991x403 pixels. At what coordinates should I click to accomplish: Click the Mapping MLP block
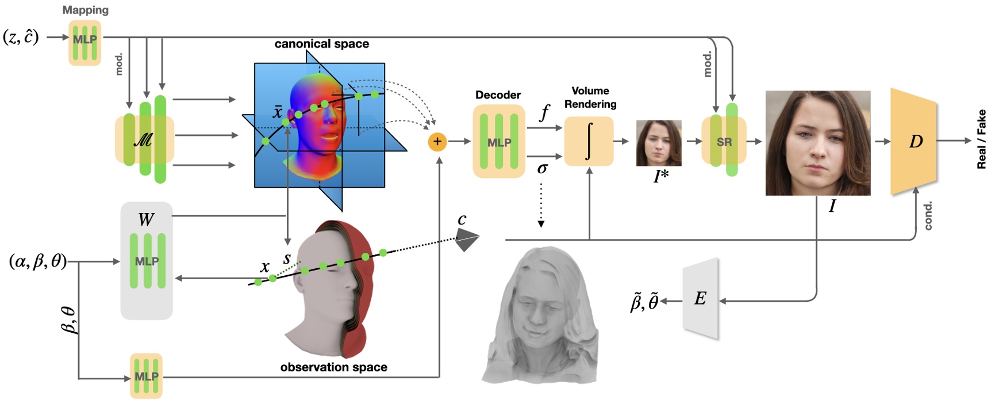[x=85, y=42]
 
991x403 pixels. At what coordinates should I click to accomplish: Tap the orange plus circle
[x=437, y=142]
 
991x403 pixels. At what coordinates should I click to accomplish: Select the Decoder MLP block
[x=498, y=142]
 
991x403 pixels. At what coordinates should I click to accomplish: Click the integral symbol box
[x=589, y=142]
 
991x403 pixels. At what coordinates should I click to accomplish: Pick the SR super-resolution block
[x=724, y=141]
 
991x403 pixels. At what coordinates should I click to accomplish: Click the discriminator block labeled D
[x=914, y=142]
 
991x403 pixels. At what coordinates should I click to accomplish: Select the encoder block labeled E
[x=701, y=298]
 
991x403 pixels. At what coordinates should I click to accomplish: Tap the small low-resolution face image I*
[x=659, y=143]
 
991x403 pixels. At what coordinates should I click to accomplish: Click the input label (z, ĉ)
[x=21, y=37]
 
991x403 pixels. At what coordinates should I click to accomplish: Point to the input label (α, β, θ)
[x=38, y=261]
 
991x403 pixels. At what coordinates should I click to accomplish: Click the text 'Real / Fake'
[x=981, y=139]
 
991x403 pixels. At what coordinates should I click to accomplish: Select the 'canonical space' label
[x=321, y=44]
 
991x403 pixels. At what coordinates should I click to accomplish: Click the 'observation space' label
[x=333, y=367]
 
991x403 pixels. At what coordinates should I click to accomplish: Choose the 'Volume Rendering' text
[x=590, y=97]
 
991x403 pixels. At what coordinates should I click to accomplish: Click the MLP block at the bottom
[x=146, y=376]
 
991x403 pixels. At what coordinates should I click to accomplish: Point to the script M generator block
[x=144, y=140]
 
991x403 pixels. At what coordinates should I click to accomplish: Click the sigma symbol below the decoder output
[x=542, y=168]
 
